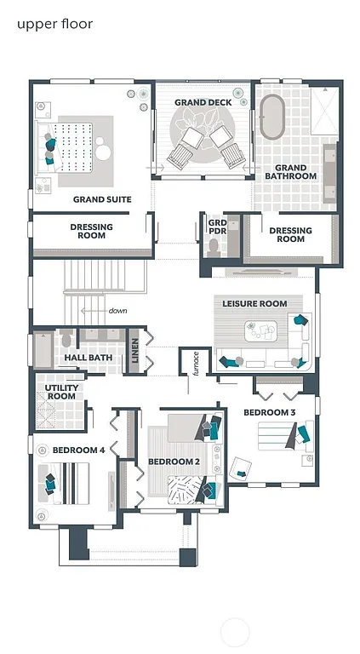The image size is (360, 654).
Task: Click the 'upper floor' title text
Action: coord(54,24)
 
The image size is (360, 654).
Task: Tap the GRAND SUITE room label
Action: coord(102,199)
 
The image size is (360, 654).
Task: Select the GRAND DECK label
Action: coord(203,102)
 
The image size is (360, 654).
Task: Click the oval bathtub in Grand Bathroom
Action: coord(272,118)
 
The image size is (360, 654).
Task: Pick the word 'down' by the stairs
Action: coord(117,311)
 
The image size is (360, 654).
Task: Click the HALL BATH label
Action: coord(89,358)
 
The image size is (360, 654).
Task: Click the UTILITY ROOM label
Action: coord(61,392)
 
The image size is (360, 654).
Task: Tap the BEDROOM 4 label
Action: coord(78,450)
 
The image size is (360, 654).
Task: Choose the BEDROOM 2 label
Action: coord(174,462)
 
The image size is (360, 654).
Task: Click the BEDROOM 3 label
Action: coord(270,413)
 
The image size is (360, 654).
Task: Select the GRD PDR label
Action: coord(217,227)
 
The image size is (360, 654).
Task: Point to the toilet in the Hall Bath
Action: coord(67,339)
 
